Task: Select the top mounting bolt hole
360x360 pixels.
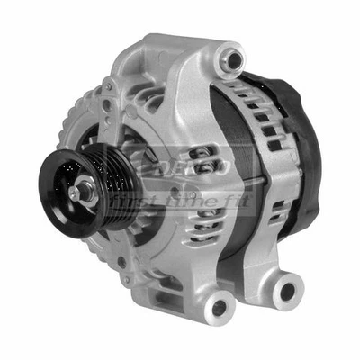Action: point(234,60)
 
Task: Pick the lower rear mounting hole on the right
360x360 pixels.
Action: point(287,290)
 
